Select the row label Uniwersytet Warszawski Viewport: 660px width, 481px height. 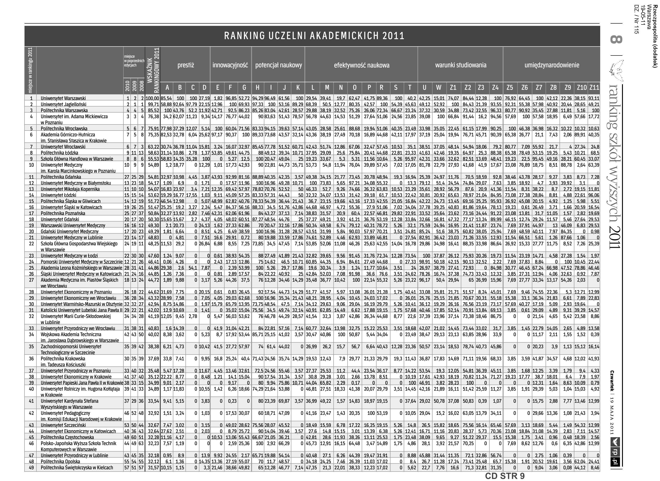pyautogui.click(x=63, y=98)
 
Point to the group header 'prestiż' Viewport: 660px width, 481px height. pyautogui.click(x=185, y=65)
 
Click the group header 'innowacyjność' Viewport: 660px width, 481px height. pyautogui.click(x=230, y=65)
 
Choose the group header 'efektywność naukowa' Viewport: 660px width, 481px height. pyautogui.click(x=361, y=65)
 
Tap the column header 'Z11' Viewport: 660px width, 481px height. pyautogui.click(x=594, y=88)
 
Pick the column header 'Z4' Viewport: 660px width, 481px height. pyautogui.click(x=495, y=88)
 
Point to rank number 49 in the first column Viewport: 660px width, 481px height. pyautogui.click(x=31, y=468)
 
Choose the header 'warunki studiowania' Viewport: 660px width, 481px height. pyautogui.click(x=461, y=65)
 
